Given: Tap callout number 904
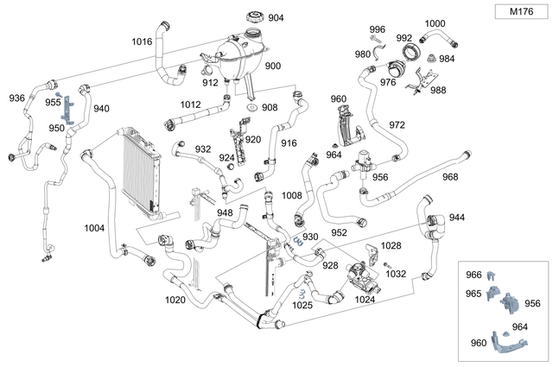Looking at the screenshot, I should pyautogui.click(x=276, y=17).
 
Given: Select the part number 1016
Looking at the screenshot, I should pyautogui.click(x=142, y=41).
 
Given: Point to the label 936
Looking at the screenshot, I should pyautogui.click(x=17, y=98).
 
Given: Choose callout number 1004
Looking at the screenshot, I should pyautogui.click(x=94, y=228).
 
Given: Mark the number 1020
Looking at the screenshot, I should pyautogui.click(x=175, y=300).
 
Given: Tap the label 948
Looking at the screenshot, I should pyautogui.click(x=225, y=212).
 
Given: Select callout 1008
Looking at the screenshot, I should pyautogui.click(x=292, y=196).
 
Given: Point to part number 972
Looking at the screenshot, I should pyautogui.click(x=397, y=124).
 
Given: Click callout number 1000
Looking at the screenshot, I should pyautogui.click(x=435, y=23).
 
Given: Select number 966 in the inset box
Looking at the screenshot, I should pyautogui.click(x=474, y=275).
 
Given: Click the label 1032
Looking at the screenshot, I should pyautogui.click(x=396, y=274).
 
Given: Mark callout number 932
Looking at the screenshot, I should pyautogui.click(x=202, y=149).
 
